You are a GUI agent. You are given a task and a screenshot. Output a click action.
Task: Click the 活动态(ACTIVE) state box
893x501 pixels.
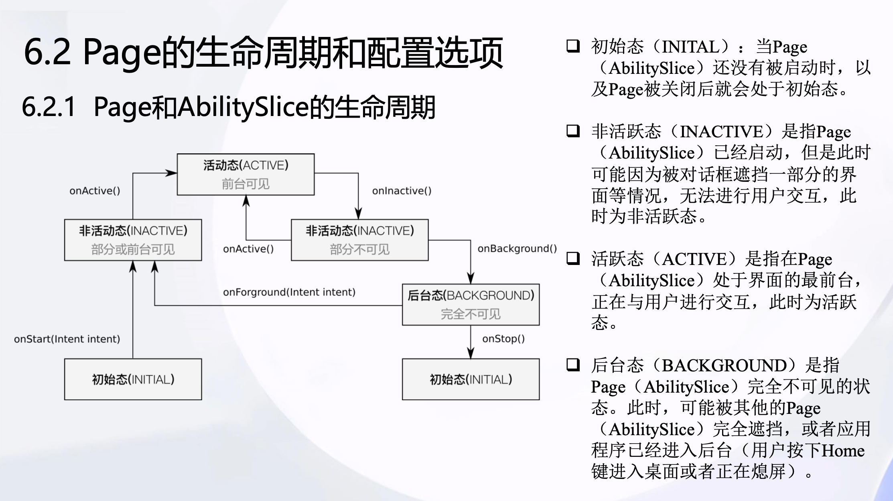[x=246, y=175]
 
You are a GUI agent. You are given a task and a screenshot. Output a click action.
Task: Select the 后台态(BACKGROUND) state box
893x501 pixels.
[x=471, y=305]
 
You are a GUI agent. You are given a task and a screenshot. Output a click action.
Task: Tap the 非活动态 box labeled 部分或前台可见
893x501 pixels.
[x=133, y=240]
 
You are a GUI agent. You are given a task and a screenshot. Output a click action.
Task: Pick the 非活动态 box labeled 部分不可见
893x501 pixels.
[x=359, y=240]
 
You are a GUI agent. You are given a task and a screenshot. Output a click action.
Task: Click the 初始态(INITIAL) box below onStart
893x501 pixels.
[x=133, y=379]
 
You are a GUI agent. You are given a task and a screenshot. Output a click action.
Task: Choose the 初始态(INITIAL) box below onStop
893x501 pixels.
[x=471, y=379]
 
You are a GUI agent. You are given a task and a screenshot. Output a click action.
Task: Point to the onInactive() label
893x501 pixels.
[x=402, y=191]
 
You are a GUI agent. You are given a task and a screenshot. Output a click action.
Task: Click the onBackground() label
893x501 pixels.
[x=517, y=248]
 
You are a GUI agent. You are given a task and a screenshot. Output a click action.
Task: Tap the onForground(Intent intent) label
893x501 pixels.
[x=289, y=292]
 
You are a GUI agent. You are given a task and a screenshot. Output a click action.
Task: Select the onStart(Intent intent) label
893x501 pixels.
[x=67, y=339]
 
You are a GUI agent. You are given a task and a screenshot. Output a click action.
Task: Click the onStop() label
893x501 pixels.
[x=503, y=339]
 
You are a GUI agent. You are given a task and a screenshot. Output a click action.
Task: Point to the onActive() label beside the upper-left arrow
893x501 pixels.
[x=95, y=191]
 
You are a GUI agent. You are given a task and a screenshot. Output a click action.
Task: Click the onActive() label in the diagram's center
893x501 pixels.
[x=248, y=249]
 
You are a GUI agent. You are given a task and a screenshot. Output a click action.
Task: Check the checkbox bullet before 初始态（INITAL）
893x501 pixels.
[x=573, y=46]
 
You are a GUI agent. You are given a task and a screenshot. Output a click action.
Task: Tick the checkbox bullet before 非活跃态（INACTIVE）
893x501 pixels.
[x=573, y=131]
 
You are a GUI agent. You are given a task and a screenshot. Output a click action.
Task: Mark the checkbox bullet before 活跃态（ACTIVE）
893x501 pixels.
[x=573, y=258]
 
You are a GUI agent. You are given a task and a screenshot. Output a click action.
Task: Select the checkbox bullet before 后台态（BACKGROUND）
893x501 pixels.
[x=573, y=365]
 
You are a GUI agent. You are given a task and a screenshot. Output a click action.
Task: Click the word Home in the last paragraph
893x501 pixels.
[x=843, y=450]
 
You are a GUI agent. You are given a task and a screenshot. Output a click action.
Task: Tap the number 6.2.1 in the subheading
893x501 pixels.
[x=49, y=107]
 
